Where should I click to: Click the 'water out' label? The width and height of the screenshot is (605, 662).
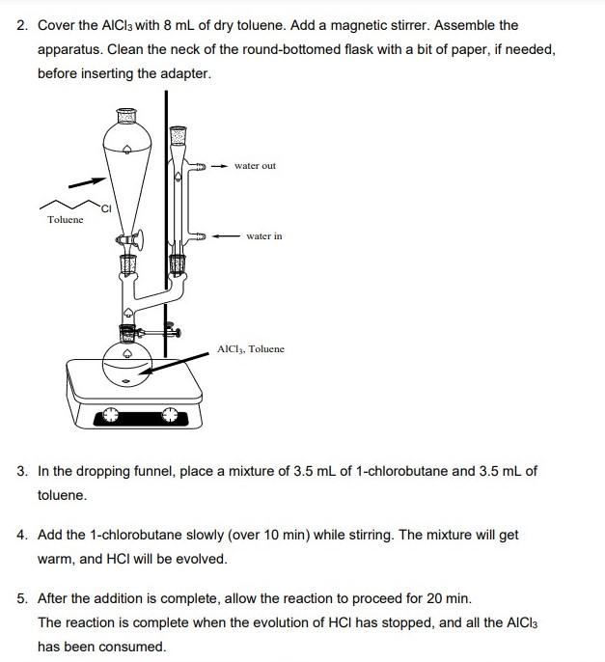point(255,166)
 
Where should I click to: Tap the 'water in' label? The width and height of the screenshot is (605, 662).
point(263,235)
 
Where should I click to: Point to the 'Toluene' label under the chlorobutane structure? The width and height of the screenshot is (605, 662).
point(66,220)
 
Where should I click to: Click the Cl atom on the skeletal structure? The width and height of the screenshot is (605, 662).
point(106,208)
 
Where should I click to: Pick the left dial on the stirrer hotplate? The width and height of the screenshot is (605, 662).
point(111,415)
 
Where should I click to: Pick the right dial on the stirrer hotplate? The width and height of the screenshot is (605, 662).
point(171,415)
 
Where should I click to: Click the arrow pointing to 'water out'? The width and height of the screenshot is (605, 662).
point(218,166)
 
